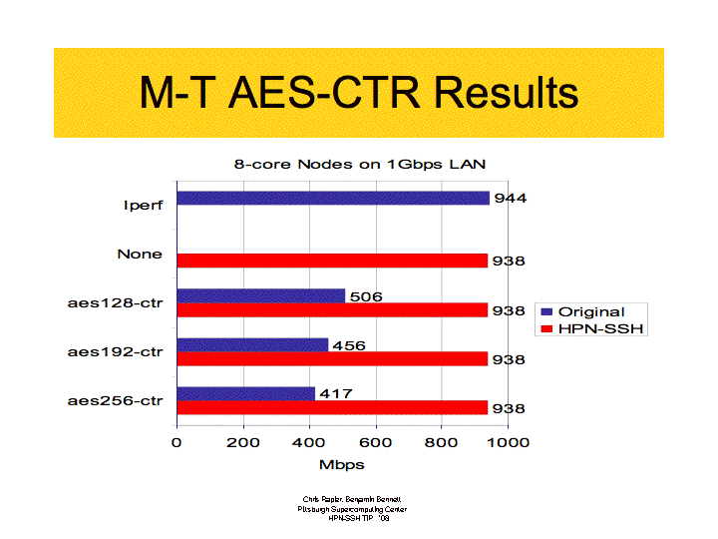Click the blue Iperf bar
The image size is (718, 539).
pos(333,198)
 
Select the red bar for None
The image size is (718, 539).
pos(332,261)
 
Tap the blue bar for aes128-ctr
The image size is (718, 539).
pos(261,295)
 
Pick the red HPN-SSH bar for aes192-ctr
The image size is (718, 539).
pos(332,359)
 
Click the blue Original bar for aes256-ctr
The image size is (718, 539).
pos(246,393)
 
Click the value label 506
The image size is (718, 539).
pos(365,296)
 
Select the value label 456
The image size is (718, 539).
pos(348,345)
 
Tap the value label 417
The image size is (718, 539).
pos(335,394)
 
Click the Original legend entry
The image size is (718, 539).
pos(590,311)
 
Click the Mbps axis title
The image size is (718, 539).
pos(341,464)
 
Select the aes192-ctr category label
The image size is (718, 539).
pos(115,351)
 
